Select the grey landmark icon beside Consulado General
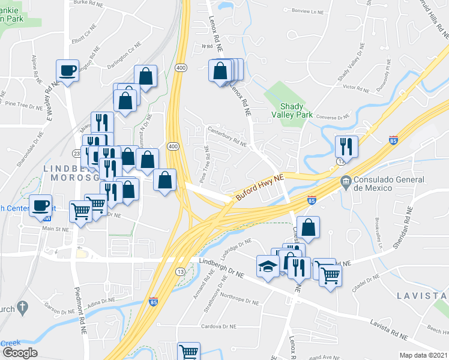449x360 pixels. pyautogui.click(x=346, y=181)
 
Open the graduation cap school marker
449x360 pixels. pyautogui.click(x=267, y=265)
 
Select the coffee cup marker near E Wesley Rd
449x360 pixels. pyautogui.click(x=67, y=70)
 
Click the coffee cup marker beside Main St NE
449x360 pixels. pyautogui.click(x=41, y=205)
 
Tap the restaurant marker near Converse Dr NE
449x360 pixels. pyautogui.click(x=346, y=146)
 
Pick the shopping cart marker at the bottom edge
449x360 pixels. pyautogui.click(x=189, y=352)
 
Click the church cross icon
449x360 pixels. pyautogui.click(x=22, y=309)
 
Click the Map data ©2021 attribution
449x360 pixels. pyautogui.click(x=423, y=355)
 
